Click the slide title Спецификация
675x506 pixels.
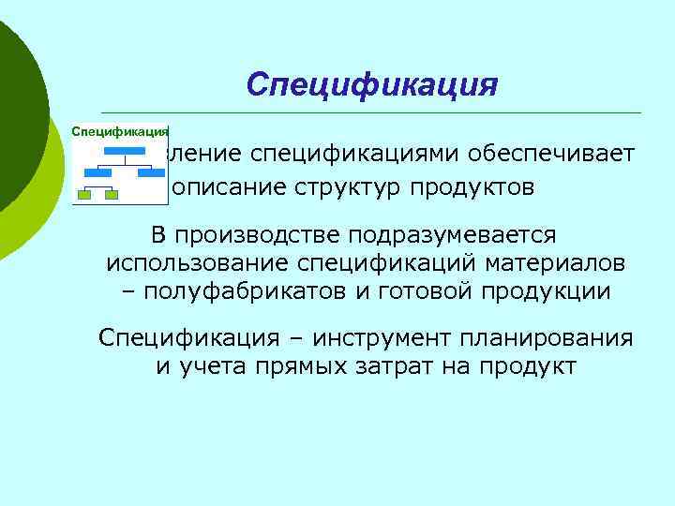coord(371,84)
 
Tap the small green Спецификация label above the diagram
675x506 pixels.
coord(120,132)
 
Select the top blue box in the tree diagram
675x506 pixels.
coord(121,151)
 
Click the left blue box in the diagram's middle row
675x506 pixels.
coord(95,171)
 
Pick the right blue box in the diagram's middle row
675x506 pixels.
coord(148,171)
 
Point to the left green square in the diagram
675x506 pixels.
coord(84,195)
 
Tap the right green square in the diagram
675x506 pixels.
coord(112,195)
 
